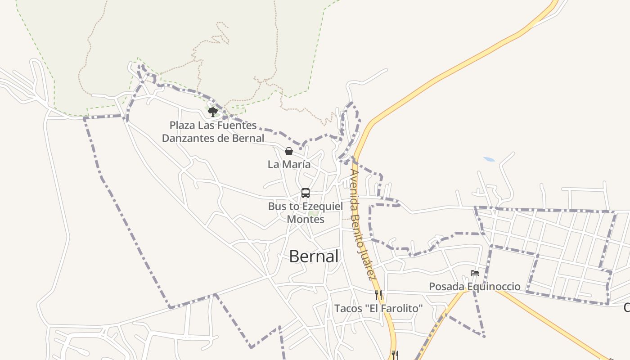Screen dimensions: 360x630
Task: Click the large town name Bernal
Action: (x=314, y=256)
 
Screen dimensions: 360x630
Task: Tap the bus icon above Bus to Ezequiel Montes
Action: (x=306, y=193)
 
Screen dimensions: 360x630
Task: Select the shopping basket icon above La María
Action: (x=289, y=151)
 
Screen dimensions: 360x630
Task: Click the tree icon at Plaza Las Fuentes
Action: (x=213, y=111)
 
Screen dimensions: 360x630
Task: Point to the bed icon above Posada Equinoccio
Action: (x=475, y=273)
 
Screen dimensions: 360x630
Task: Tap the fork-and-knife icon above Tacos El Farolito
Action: (x=378, y=295)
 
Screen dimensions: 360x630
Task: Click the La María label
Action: (x=289, y=165)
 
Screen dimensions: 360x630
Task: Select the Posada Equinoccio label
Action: (x=474, y=287)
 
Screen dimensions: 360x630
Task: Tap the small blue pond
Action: (x=489, y=159)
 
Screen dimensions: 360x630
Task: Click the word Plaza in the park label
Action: (x=183, y=125)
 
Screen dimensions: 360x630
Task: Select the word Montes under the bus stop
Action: (x=306, y=220)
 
